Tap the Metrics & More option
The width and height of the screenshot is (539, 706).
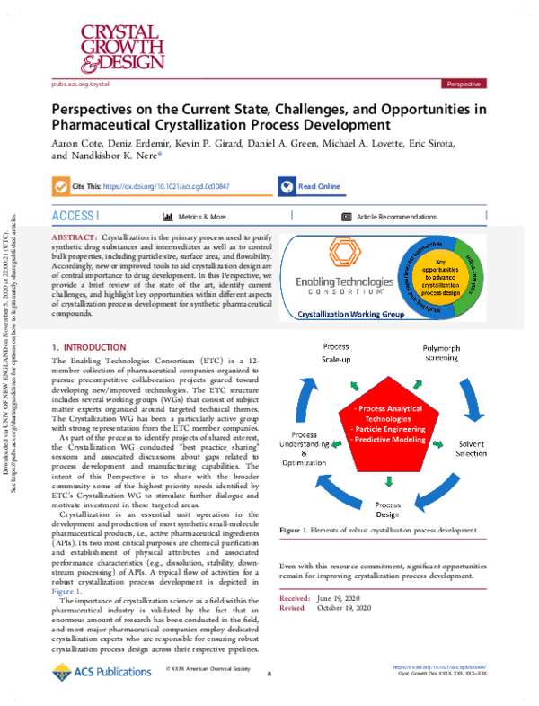pos(195,218)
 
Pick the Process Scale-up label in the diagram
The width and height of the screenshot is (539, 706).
pos(335,353)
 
